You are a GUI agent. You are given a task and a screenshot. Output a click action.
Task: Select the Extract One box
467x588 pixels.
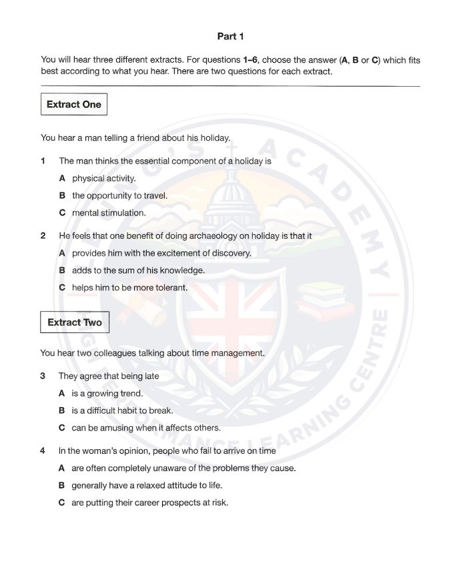coord(74,105)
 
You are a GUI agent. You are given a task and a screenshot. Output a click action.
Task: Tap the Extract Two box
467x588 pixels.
coord(75,323)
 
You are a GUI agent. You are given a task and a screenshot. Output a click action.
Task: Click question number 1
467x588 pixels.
coord(43,161)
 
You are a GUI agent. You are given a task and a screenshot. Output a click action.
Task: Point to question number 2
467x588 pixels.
coord(43,236)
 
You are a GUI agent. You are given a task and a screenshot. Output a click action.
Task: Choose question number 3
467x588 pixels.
coord(43,376)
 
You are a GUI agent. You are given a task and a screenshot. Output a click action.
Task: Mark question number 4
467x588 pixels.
coord(43,451)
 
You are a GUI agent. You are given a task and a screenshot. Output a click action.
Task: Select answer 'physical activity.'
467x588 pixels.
coord(103,178)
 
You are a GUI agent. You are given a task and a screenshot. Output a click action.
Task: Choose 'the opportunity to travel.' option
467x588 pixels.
coord(119,196)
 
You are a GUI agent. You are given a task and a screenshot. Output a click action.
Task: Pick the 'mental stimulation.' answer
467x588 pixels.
coord(109,213)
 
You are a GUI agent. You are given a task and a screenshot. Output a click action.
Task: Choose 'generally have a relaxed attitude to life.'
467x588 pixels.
coord(156,485)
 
